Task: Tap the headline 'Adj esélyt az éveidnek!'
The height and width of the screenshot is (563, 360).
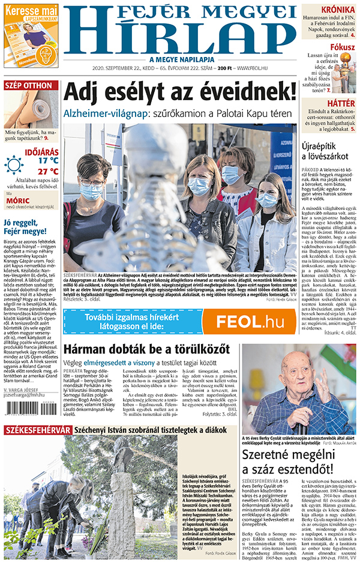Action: (180, 92)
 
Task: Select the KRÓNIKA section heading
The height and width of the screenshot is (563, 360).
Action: (337, 10)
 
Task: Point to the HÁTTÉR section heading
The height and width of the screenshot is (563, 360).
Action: (341, 103)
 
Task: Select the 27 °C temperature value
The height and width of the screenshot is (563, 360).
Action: (48, 171)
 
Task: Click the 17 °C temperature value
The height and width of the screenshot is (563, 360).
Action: (48, 160)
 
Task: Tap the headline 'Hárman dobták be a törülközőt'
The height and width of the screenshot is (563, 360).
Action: (146, 349)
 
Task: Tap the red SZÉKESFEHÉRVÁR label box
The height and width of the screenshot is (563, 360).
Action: (37, 447)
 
